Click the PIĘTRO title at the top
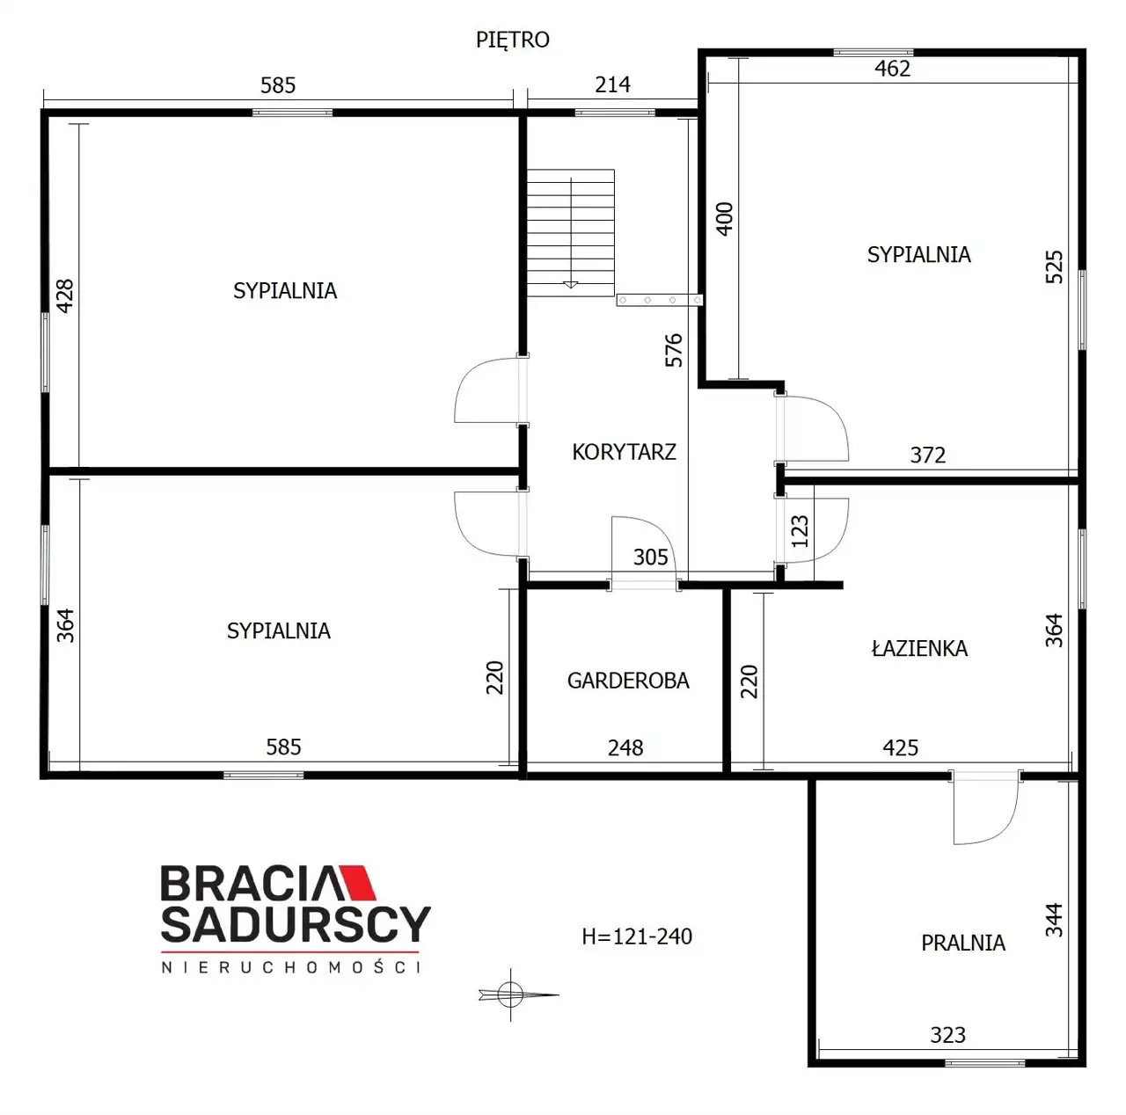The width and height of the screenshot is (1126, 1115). (x=513, y=40)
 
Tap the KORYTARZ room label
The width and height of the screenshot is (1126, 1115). (x=624, y=452)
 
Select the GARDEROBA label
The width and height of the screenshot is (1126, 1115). (x=627, y=681)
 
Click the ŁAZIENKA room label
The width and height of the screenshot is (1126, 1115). (x=919, y=648)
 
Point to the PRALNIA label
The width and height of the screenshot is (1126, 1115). (x=963, y=943)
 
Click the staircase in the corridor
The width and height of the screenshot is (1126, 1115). (x=570, y=232)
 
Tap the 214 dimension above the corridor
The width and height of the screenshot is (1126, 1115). (x=612, y=85)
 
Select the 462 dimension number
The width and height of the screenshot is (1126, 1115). (x=892, y=69)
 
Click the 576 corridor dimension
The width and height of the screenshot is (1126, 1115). (x=674, y=349)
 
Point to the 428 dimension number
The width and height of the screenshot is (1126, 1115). (x=65, y=295)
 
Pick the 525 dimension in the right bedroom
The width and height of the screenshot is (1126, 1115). (x=1054, y=266)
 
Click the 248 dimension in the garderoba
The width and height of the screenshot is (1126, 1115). (x=625, y=748)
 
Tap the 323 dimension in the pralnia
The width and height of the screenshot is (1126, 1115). (x=947, y=1036)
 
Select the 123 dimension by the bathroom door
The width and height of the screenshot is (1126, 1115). (x=800, y=530)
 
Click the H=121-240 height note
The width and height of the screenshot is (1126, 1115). (x=636, y=936)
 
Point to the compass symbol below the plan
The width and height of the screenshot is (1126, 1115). (x=511, y=994)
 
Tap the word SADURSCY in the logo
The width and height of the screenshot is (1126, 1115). (x=296, y=925)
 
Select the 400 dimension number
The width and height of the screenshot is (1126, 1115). (x=724, y=219)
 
